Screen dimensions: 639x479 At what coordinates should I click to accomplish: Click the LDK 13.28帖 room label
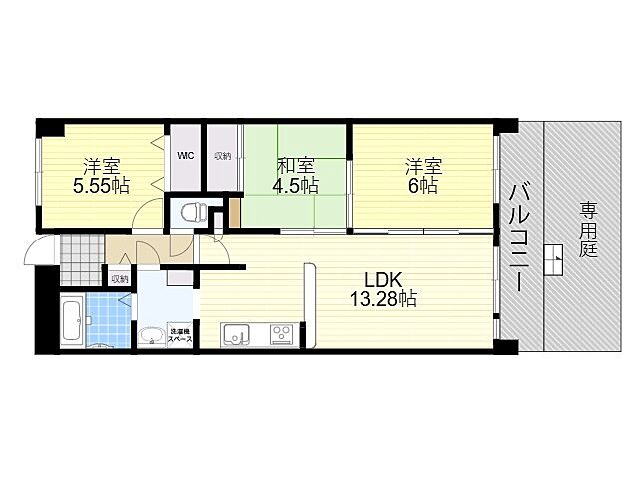[x=383, y=289]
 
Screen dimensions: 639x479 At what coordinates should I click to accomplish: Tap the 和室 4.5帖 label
[x=296, y=176]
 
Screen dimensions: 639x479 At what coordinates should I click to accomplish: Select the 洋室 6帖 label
[x=423, y=176]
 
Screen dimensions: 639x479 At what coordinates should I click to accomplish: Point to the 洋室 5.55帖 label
[x=102, y=176]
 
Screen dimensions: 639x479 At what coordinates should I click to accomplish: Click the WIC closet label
[x=186, y=156]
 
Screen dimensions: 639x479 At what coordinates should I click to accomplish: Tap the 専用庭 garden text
[x=588, y=230]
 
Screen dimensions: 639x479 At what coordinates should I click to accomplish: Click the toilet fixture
[x=193, y=212]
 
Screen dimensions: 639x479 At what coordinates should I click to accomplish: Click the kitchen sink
[x=236, y=335]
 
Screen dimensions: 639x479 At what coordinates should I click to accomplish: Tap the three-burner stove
[x=283, y=335]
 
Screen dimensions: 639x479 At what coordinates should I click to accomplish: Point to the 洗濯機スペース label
[x=180, y=335]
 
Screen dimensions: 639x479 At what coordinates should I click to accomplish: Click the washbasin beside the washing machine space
[x=152, y=337]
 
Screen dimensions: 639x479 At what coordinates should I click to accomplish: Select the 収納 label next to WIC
[x=223, y=156]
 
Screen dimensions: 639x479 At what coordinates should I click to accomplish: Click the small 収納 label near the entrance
[x=120, y=279]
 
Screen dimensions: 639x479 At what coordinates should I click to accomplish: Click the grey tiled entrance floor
[x=82, y=259]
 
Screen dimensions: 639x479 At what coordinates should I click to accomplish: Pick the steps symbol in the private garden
[x=553, y=260]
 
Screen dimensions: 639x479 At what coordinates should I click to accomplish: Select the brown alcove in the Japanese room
[x=235, y=212]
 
